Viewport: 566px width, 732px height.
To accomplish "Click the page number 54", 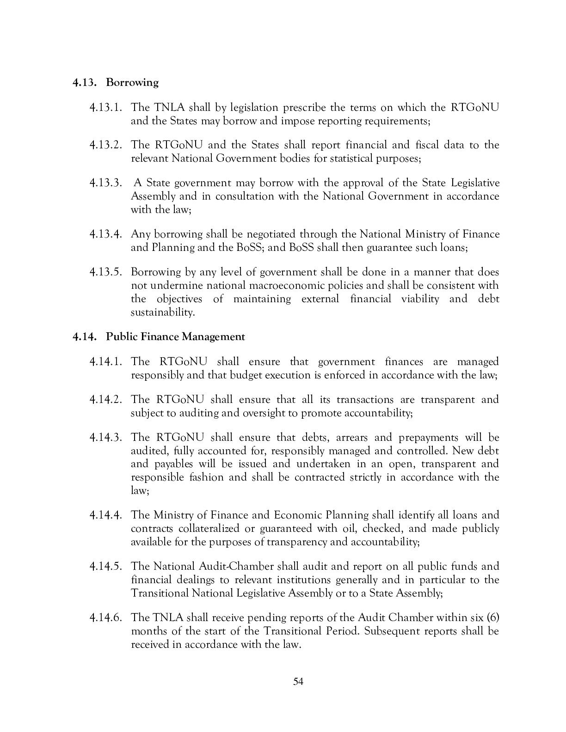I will [298, 682].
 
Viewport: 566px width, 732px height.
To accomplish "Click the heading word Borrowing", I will [132, 82].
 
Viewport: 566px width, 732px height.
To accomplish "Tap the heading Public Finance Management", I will [175, 336].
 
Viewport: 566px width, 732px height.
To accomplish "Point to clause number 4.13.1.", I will [106, 108].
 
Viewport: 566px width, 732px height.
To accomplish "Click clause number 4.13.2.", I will [106, 145].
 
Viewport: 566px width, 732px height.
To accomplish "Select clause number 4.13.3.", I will [106, 183].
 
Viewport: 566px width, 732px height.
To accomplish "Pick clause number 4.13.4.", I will [106, 234].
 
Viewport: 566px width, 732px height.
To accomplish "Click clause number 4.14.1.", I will [106, 361].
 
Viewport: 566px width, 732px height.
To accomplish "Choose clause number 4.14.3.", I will [106, 437].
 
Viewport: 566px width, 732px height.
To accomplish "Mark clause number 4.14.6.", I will [106, 617].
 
